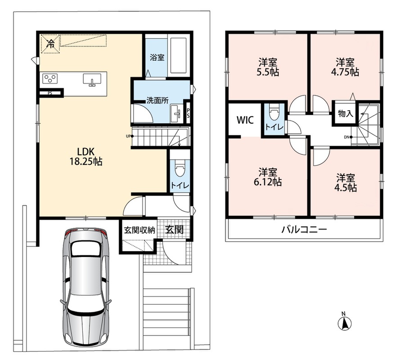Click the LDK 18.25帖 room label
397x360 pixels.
86,157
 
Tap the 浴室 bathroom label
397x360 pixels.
157,57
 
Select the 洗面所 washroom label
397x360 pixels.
158,100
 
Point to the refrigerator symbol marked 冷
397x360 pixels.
51,44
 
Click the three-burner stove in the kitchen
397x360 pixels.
50,78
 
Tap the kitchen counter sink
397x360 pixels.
92,79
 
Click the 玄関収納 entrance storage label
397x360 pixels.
139,230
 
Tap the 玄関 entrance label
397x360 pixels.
174,229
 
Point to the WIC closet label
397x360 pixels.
245,120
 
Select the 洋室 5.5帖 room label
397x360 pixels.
268,67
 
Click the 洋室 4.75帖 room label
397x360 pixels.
345,67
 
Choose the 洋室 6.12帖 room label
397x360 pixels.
268,177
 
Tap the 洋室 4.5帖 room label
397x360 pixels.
345,183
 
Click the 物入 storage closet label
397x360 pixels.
346,113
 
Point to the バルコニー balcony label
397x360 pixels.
305,229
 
